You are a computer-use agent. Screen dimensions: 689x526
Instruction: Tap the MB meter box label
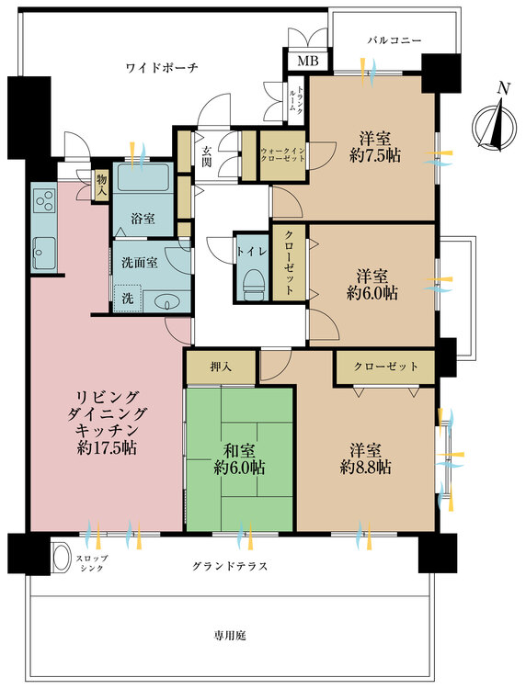point(303,62)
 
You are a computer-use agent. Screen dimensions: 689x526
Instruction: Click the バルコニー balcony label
point(394,41)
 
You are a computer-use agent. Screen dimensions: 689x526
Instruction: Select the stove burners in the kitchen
point(43,199)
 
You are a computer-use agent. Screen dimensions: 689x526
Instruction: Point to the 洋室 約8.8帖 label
point(366,458)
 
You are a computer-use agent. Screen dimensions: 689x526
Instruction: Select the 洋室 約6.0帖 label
point(372,284)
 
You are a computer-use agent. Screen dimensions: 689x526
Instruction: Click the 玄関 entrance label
point(208,157)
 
